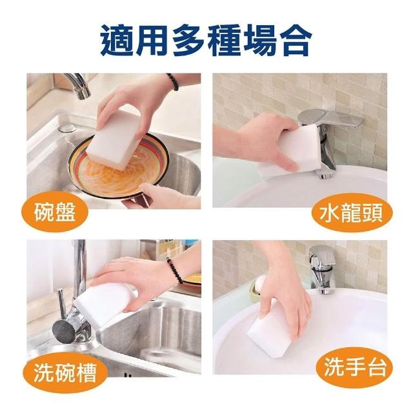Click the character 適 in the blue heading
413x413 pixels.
pos(117,40)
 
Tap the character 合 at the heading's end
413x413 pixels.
pos(295,40)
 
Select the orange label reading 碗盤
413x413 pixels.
pos(54,212)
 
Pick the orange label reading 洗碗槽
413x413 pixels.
pos(65,372)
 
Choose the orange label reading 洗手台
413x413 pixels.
pos(354,367)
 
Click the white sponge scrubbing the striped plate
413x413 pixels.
pos(116,139)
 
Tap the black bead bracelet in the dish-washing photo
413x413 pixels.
pos(173,82)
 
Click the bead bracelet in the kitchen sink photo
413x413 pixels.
pos(175,270)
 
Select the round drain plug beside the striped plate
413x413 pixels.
pos(67,128)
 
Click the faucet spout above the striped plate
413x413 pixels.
pos(78,86)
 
